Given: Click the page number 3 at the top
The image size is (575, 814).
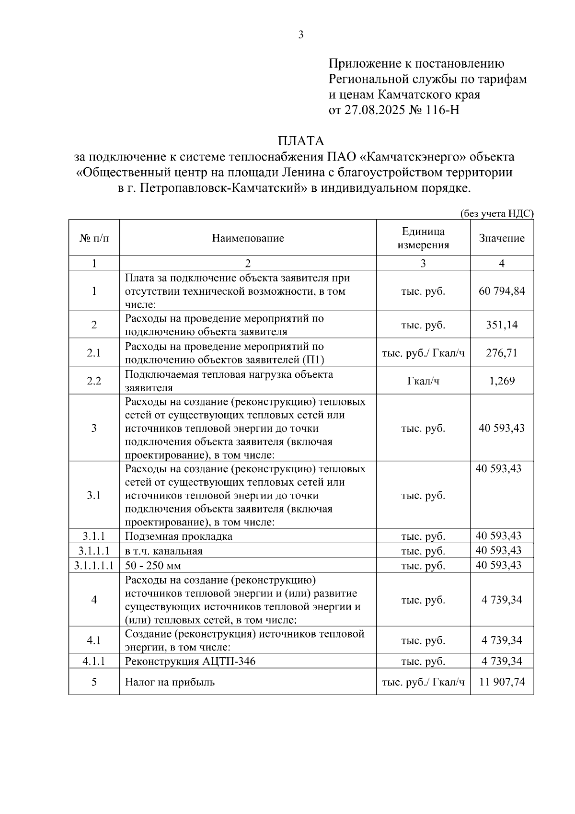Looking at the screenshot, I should (301, 35).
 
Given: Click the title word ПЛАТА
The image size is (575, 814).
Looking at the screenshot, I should (301, 141).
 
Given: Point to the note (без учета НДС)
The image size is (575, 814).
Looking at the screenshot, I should (497, 214).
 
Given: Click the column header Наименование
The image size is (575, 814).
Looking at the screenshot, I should (248, 238).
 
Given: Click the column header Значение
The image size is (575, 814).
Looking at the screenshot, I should (502, 238).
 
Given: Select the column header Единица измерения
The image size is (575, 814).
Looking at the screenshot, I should (423, 238).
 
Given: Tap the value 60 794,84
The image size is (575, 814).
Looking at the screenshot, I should (502, 291).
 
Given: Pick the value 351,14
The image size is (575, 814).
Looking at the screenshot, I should (502, 325).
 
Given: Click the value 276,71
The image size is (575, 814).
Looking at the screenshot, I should (502, 353).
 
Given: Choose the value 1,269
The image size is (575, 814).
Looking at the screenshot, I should (502, 381).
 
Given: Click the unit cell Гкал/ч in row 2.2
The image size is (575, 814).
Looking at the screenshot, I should (423, 381).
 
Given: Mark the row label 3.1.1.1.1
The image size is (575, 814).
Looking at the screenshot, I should (94, 566).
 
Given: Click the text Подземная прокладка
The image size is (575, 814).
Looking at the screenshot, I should (179, 536).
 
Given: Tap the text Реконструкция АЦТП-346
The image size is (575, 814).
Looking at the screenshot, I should (190, 662).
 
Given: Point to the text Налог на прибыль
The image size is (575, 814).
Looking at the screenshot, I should (170, 682).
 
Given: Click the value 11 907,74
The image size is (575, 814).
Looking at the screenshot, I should (502, 682).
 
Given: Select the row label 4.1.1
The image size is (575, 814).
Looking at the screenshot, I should (94, 662).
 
